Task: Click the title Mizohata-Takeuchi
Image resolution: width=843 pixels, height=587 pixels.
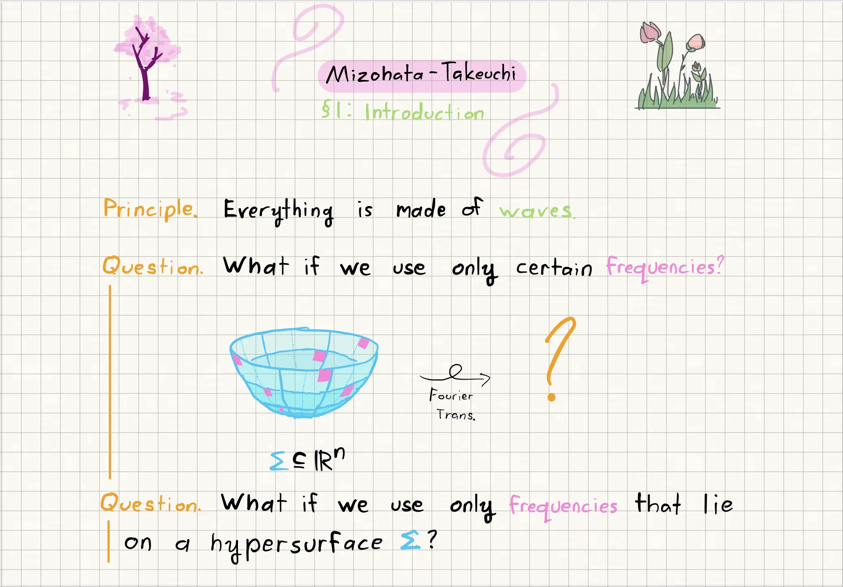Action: pos(421,73)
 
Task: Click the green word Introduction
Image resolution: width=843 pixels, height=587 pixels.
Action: pos(424,112)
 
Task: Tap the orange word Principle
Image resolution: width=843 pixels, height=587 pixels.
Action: pos(150,209)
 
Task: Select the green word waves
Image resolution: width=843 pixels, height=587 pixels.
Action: pos(537,211)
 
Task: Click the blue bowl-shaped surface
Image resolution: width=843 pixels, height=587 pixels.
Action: pos(304,372)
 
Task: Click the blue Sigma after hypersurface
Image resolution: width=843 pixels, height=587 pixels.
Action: pos(410,541)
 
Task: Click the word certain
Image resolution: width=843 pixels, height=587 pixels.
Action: pos(554,268)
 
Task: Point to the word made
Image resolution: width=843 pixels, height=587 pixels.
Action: pos(421,209)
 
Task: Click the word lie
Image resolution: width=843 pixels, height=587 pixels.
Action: pos(718,504)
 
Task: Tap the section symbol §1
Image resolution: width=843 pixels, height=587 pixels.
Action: pos(331,109)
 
